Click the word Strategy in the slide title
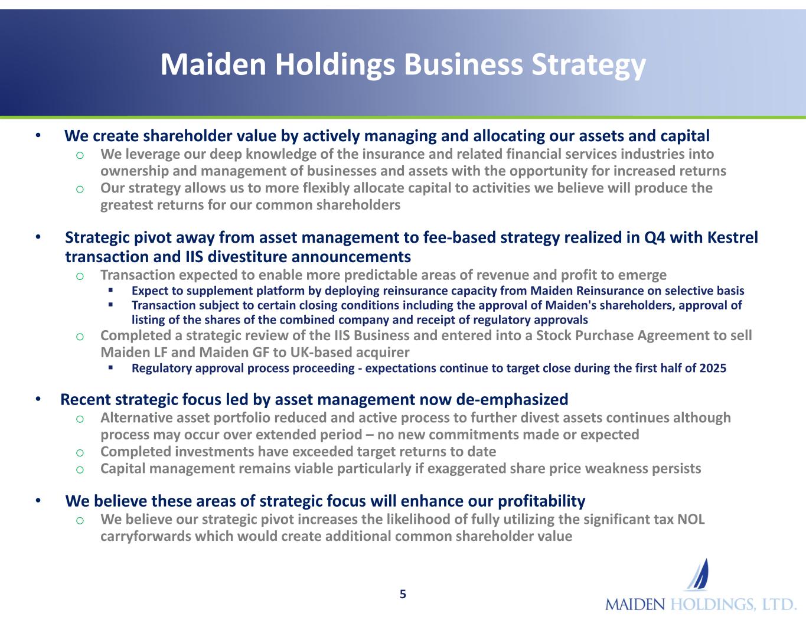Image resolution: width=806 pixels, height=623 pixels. point(589,66)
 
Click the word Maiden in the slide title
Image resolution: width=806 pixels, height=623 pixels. point(213,64)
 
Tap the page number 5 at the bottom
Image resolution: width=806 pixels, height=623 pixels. point(403,595)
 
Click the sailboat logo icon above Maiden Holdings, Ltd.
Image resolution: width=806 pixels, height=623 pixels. point(697,575)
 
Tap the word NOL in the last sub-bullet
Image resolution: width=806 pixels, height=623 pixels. point(691,519)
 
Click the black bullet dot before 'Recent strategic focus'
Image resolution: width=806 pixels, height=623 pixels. point(38,399)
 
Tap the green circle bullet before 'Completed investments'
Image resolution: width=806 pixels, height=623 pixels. point(80,453)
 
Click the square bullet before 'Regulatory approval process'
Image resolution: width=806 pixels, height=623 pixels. point(110,367)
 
